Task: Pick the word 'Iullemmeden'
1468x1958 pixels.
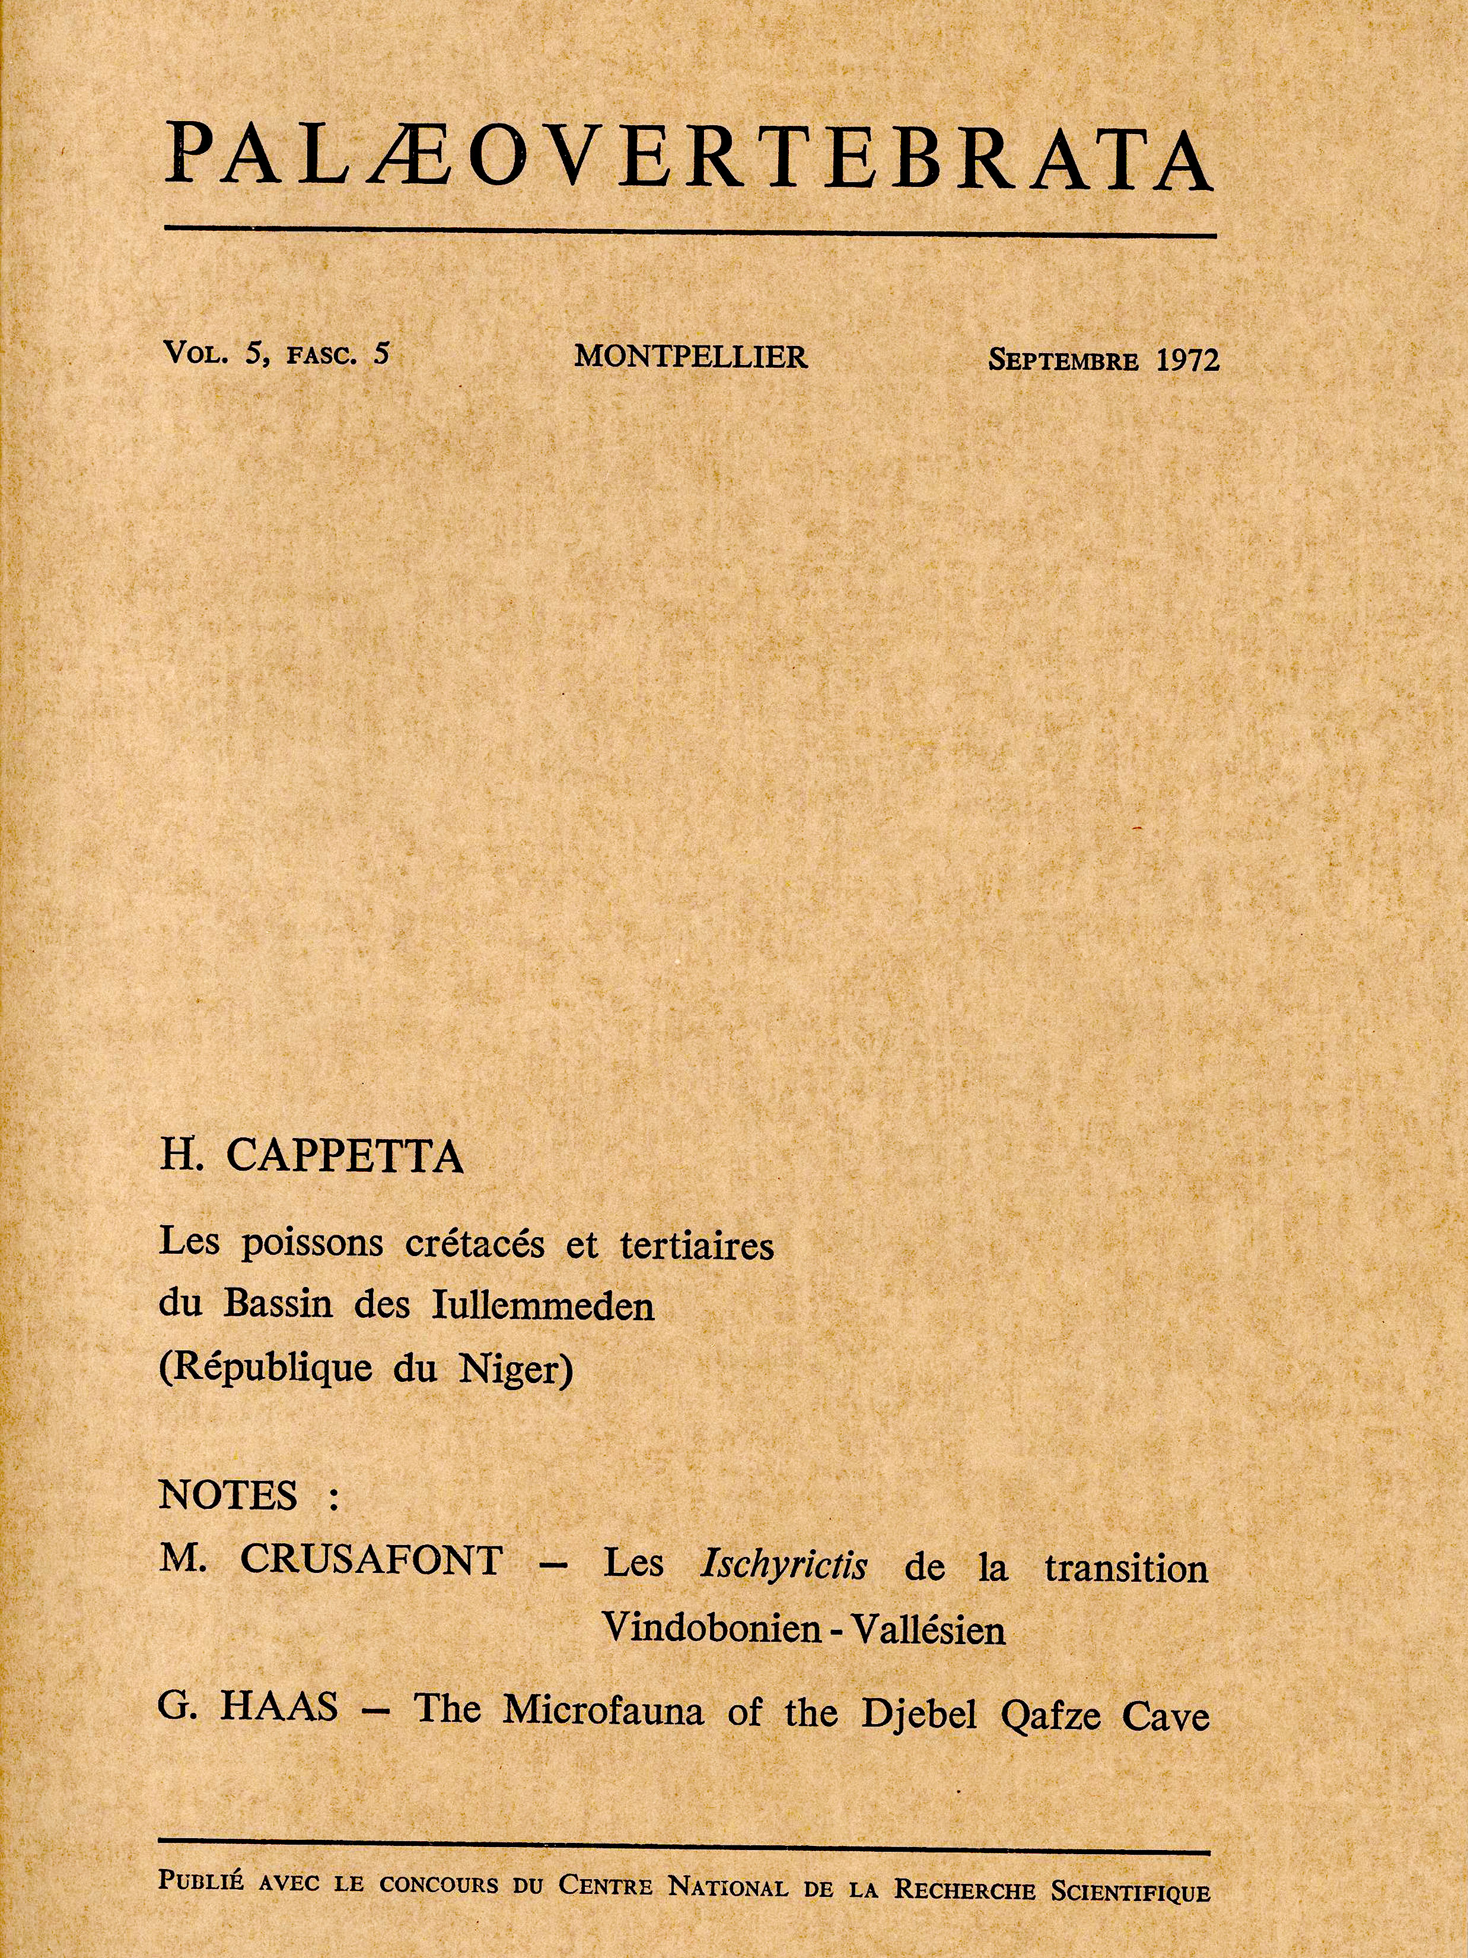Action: tap(543, 1307)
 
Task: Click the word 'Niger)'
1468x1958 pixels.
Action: tap(517, 1370)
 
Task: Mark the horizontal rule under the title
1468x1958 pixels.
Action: tap(690, 234)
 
